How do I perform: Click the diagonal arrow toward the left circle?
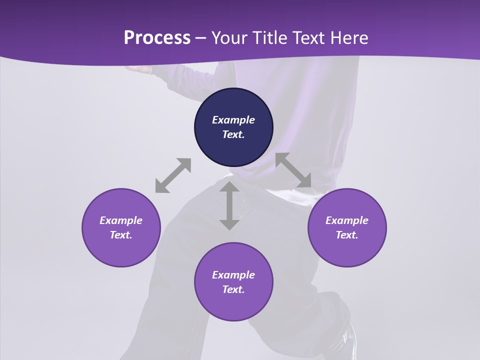(173, 175)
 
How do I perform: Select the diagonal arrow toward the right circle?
(293, 170)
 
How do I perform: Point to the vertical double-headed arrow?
(229, 205)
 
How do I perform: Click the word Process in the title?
(157, 37)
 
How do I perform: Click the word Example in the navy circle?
(233, 120)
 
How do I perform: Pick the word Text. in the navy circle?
(233, 134)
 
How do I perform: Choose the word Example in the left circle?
(121, 220)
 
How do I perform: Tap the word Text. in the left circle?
(121, 235)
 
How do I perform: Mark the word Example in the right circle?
(347, 220)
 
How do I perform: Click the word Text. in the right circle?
(347, 235)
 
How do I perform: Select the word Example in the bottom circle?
(233, 275)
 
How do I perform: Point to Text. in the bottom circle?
(233, 289)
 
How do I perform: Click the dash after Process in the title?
(201, 38)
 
